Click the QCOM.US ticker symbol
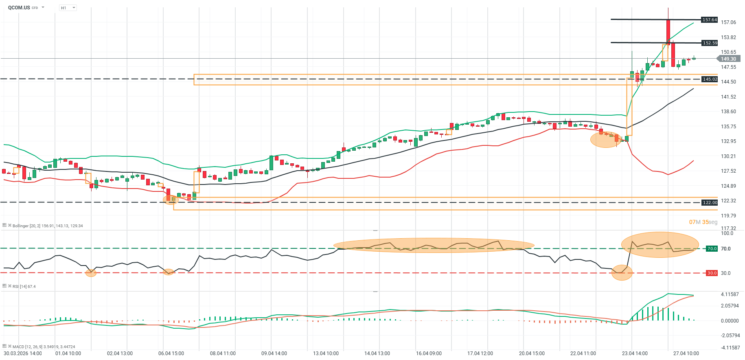(x=19, y=8)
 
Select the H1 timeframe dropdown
(x=68, y=8)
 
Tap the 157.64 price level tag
(x=710, y=20)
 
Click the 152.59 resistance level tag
(x=710, y=43)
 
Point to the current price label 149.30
(x=728, y=59)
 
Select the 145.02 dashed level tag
(x=710, y=79)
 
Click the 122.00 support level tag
(x=710, y=202)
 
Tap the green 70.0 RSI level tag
(x=712, y=248)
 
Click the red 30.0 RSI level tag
(x=712, y=273)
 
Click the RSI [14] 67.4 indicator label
(x=24, y=287)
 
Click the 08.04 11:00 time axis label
(x=223, y=353)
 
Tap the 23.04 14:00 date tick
(x=635, y=353)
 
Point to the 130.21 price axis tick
(x=728, y=156)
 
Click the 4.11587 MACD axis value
(x=730, y=294)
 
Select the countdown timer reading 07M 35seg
(x=703, y=222)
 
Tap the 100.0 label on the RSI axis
(x=727, y=233)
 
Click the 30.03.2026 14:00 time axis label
(x=23, y=353)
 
